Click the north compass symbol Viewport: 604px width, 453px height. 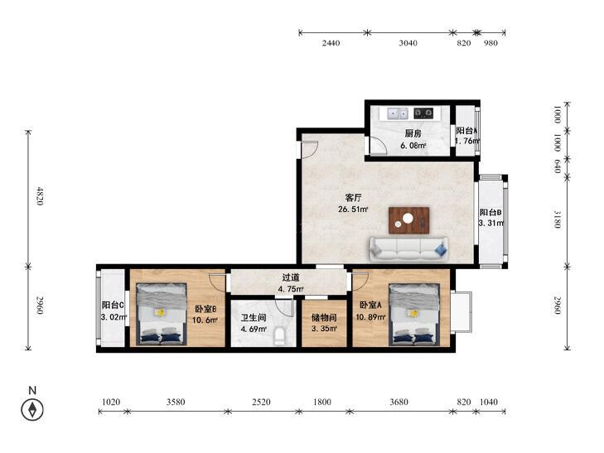(x=32, y=409)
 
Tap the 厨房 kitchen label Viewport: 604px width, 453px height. (x=413, y=133)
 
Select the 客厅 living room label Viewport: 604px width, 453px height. (x=353, y=198)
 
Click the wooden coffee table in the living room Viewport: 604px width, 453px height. (x=408, y=220)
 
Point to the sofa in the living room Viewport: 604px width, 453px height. (x=408, y=249)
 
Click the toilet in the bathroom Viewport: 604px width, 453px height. (x=279, y=335)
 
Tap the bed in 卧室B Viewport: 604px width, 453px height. (x=162, y=314)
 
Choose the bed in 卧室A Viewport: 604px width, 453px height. (x=414, y=314)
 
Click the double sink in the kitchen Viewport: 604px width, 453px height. (x=398, y=113)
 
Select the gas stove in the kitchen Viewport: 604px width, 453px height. (x=423, y=113)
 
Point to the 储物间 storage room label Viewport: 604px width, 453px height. (x=324, y=317)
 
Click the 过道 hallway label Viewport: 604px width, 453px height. (x=291, y=277)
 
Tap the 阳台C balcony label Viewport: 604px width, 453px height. (x=113, y=306)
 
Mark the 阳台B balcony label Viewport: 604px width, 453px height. (x=490, y=212)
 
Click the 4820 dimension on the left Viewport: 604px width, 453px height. (x=39, y=196)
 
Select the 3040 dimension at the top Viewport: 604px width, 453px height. (x=408, y=43)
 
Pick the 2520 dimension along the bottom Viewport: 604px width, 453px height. (x=261, y=402)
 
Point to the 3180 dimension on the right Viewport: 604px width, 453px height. (x=557, y=219)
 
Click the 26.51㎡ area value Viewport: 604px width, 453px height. (x=353, y=210)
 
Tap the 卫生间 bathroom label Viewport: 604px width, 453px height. (x=254, y=317)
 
